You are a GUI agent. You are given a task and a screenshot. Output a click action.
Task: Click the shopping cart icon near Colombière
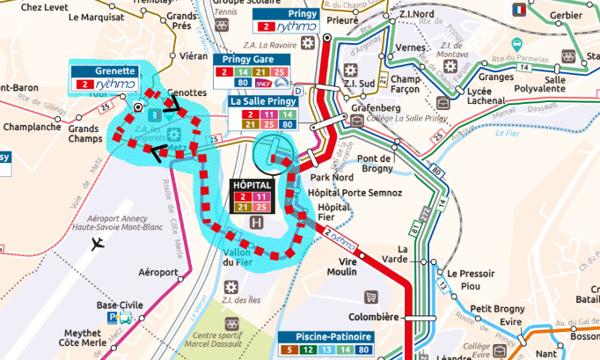click(370, 298)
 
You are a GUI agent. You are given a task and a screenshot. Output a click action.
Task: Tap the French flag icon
click(519, 10)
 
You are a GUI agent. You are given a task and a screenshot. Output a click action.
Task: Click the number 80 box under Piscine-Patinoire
click(364, 350)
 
